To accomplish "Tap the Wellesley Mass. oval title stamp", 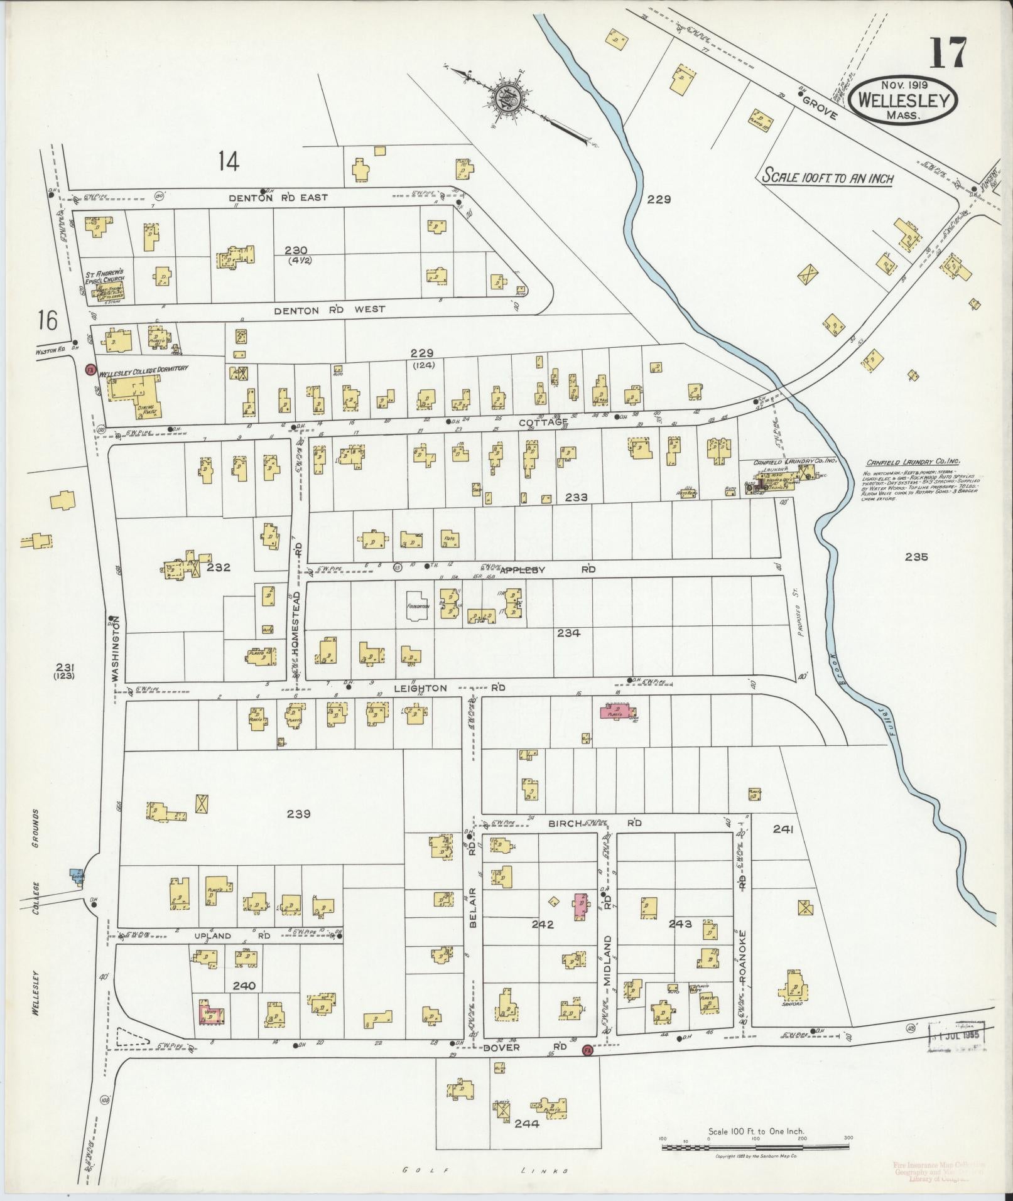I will point(903,100).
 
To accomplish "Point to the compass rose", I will point(506,99).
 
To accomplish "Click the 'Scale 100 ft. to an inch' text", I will point(827,177).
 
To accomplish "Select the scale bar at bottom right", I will point(756,1147).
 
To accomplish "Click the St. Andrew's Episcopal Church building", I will point(107,290).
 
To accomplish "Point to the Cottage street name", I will point(543,423).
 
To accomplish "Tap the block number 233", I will point(575,497).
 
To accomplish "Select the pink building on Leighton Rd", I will point(616,711).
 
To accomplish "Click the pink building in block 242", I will point(582,906).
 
